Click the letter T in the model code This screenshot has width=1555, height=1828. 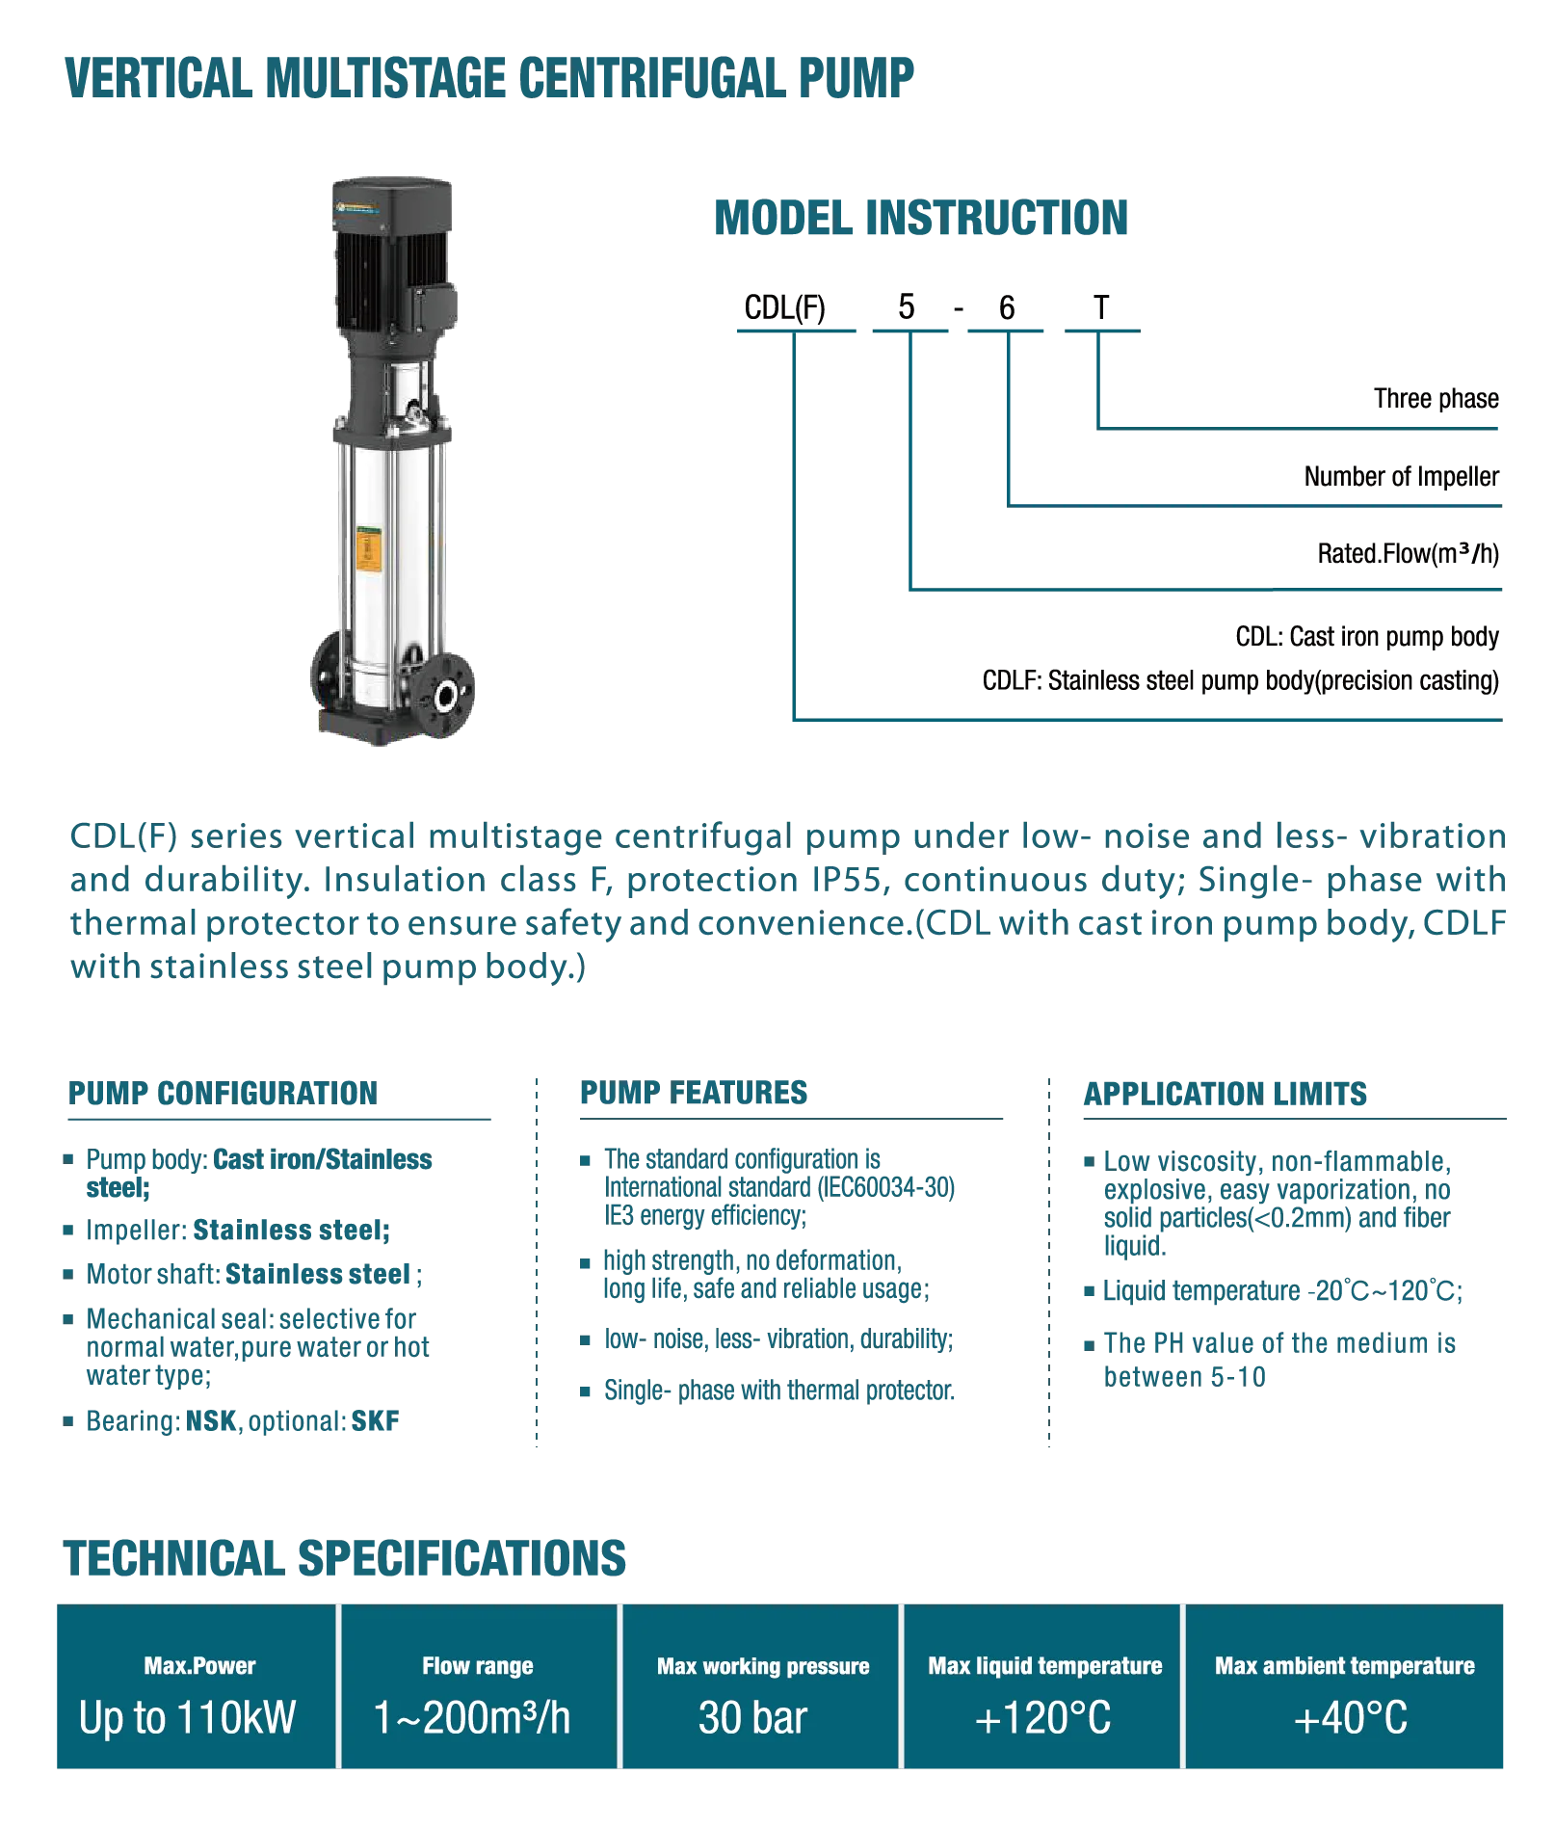1101,307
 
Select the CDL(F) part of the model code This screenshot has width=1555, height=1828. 784,308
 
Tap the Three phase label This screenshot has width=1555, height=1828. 1436,399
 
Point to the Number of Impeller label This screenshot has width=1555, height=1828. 1402,477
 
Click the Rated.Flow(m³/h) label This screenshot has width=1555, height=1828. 1409,554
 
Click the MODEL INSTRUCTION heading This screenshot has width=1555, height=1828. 921,218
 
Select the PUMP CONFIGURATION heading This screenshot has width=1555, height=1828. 223,1094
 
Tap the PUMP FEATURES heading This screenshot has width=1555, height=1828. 694,1093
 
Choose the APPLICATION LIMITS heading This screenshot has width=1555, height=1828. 1225,1095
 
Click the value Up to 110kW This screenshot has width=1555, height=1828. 188,1718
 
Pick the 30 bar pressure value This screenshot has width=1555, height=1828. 752,1718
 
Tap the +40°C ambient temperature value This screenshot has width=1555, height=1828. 1351,1718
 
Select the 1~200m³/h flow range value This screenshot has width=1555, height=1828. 472,1718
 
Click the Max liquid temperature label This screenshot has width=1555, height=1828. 1045,1666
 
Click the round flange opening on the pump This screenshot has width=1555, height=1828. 445,695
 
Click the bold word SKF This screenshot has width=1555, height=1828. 375,1421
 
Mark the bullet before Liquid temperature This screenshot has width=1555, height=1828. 1090,1291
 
